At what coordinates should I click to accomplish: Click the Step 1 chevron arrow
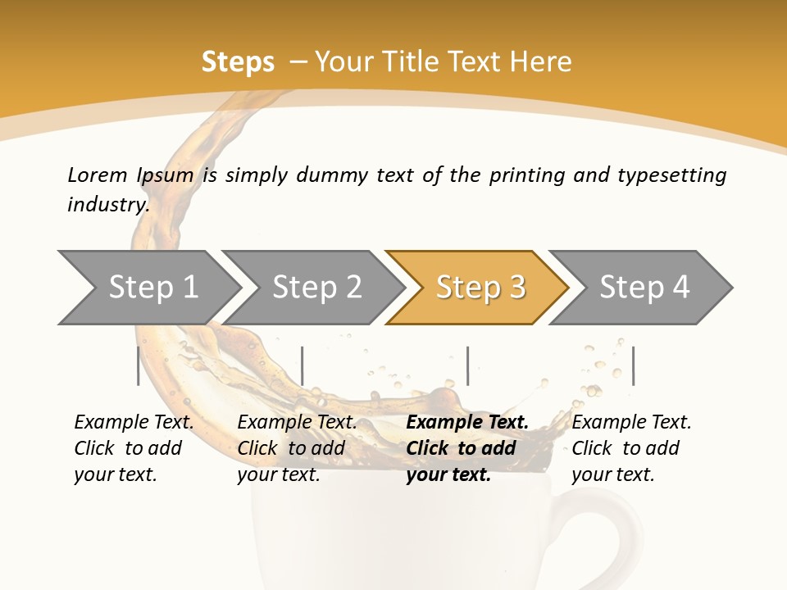(x=152, y=288)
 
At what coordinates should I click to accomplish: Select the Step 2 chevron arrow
(x=316, y=288)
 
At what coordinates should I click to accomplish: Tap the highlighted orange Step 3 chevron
(x=480, y=288)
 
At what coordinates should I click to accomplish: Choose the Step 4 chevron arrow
(x=644, y=288)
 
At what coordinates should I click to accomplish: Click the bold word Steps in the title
(x=238, y=62)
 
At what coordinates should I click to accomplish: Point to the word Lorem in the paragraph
(x=98, y=175)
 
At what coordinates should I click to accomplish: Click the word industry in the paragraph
(x=107, y=205)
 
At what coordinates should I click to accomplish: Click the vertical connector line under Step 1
(x=139, y=365)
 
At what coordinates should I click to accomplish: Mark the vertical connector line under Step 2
(x=303, y=365)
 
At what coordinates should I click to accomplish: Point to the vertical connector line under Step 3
(x=467, y=365)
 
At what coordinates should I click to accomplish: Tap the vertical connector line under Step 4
(x=633, y=365)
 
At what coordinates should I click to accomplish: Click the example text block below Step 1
(x=134, y=448)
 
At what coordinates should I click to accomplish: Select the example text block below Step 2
(x=297, y=448)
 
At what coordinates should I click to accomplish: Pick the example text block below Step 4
(x=631, y=448)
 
